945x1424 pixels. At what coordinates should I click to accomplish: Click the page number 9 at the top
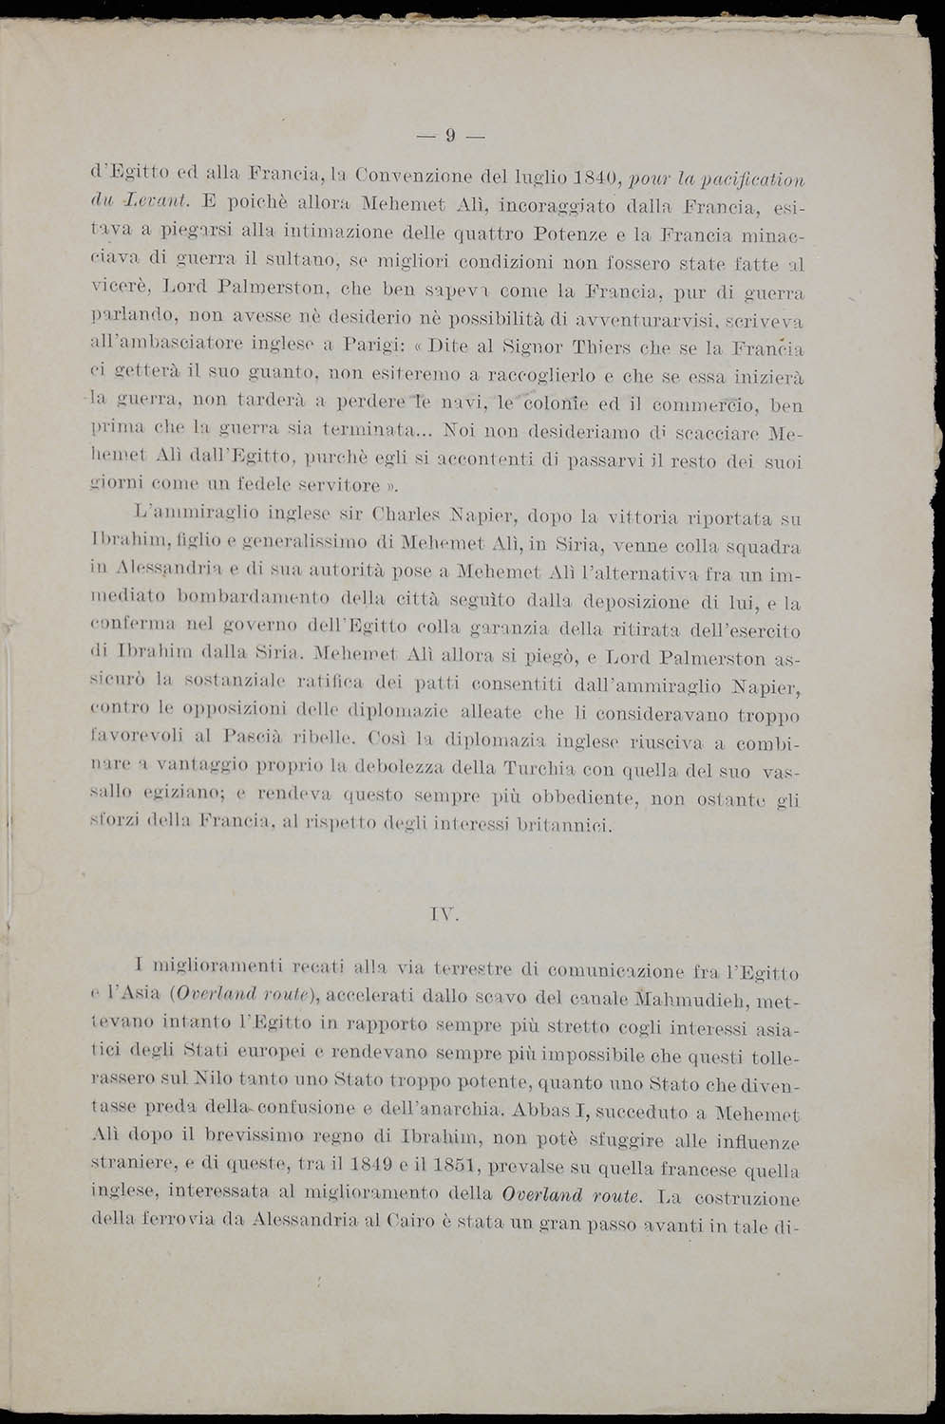pyautogui.click(x=451, y=136)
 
